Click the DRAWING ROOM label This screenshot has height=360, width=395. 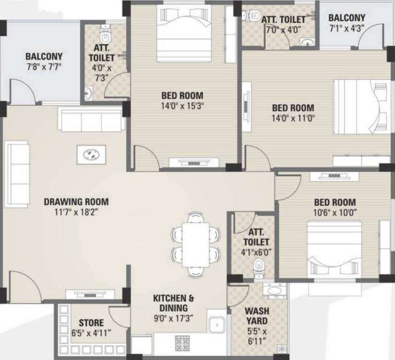[x=76, y=202]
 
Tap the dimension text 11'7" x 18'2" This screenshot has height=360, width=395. [x=76, y=211]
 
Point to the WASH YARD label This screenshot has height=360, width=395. [x=257, y=316]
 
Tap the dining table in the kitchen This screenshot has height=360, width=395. [x=196, y=244]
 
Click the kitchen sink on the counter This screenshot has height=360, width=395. [x=216, y=324]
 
